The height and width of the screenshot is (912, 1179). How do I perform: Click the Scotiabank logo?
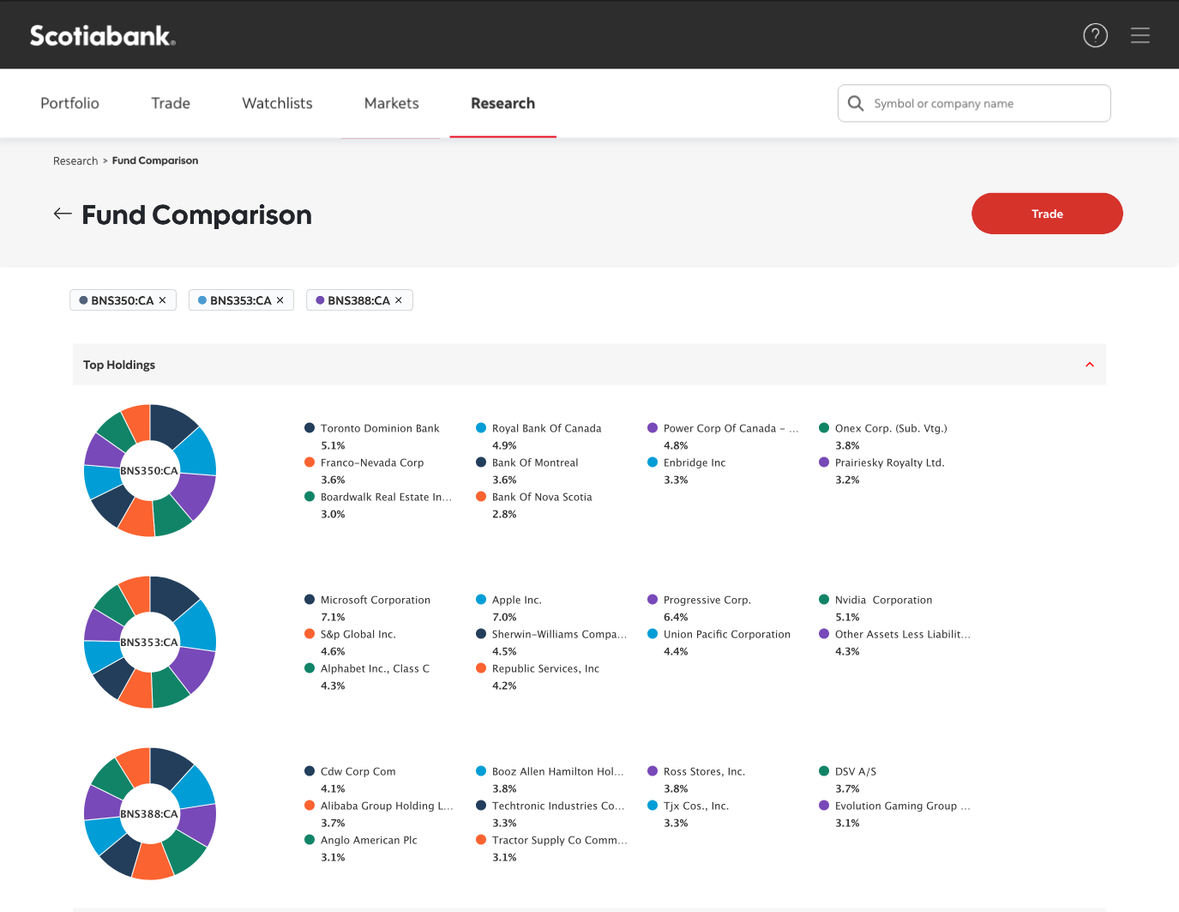pos(102,35)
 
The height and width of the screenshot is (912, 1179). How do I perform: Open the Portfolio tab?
pos(69,103)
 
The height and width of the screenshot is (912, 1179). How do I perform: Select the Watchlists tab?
pos(277,103)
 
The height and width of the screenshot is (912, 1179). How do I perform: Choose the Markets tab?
pos(391,103)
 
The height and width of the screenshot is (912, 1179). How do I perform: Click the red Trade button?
pos(1046,214)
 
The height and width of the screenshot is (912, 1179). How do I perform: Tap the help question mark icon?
pos(1095,35)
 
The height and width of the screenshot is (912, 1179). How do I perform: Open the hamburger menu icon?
pos(1140,35)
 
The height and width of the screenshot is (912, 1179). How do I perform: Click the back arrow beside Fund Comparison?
pos(63,214)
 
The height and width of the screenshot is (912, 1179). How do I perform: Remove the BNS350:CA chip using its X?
pos(162,300)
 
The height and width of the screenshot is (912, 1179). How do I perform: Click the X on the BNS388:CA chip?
pos(399,300)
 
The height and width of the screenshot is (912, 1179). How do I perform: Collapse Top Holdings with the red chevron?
pos(1089,365)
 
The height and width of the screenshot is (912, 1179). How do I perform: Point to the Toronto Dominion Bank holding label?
pos(379,428)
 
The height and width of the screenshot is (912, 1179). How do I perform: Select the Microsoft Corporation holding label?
pos(375,600)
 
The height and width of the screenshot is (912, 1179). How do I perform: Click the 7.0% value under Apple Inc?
pos(504,617)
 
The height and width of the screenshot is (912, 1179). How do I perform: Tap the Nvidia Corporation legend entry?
pos(883,600)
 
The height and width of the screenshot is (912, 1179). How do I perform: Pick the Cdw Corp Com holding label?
pos(358,771)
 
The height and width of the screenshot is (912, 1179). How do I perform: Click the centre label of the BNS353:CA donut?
pos(149,642)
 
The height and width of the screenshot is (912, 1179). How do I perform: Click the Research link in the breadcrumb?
pos(75,160)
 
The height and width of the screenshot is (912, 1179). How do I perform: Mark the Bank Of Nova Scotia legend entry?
pos(541,497)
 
